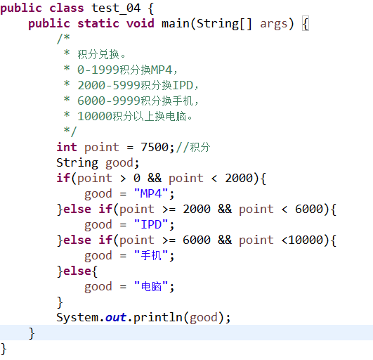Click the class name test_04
point(116,8)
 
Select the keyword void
point(140,24)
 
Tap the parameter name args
point(274,25)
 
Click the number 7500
point(155,147)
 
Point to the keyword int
point(67,147)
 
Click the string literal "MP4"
point(151,193)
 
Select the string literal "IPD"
point(151,224)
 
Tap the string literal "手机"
point(151,255)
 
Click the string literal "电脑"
point(151,286)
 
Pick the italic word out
point(116,317)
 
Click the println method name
point(158,318)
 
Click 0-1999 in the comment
point(98,70)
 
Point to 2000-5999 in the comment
point(108,85)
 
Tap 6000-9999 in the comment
point(108,101)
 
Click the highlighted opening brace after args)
point(306,24)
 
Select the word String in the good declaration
point(77,163)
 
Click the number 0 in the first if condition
point(137,178)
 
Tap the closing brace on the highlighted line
point(32,333)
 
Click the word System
point(77,318)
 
